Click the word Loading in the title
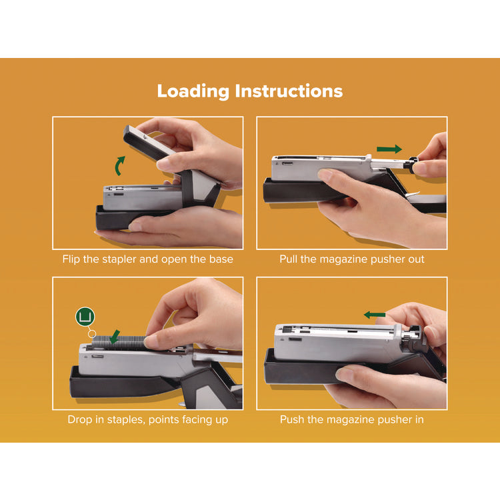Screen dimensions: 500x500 193,91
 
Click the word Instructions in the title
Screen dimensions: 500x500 289,91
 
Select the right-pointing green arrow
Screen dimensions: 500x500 390,149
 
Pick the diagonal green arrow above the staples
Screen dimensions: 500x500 114,336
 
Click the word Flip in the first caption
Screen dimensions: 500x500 73,259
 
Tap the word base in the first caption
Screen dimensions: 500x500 219,259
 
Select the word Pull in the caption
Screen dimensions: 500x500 290,259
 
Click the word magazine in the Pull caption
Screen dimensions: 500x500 351,259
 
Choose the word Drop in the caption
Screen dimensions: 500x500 80,419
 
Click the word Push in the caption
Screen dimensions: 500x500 293,419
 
